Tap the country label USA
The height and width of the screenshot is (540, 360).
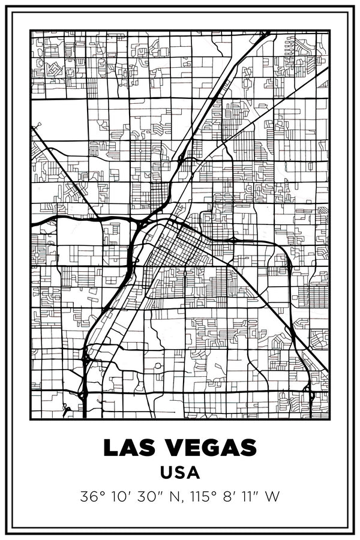click(180, 473)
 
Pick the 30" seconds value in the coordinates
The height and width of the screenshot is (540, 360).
click(150, 497)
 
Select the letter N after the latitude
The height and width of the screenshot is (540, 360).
click(176, 497)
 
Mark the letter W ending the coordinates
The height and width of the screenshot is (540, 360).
click(274, 497)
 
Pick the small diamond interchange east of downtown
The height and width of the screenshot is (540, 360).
click(232, 240)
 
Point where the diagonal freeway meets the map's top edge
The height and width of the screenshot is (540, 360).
click(266, 32)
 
